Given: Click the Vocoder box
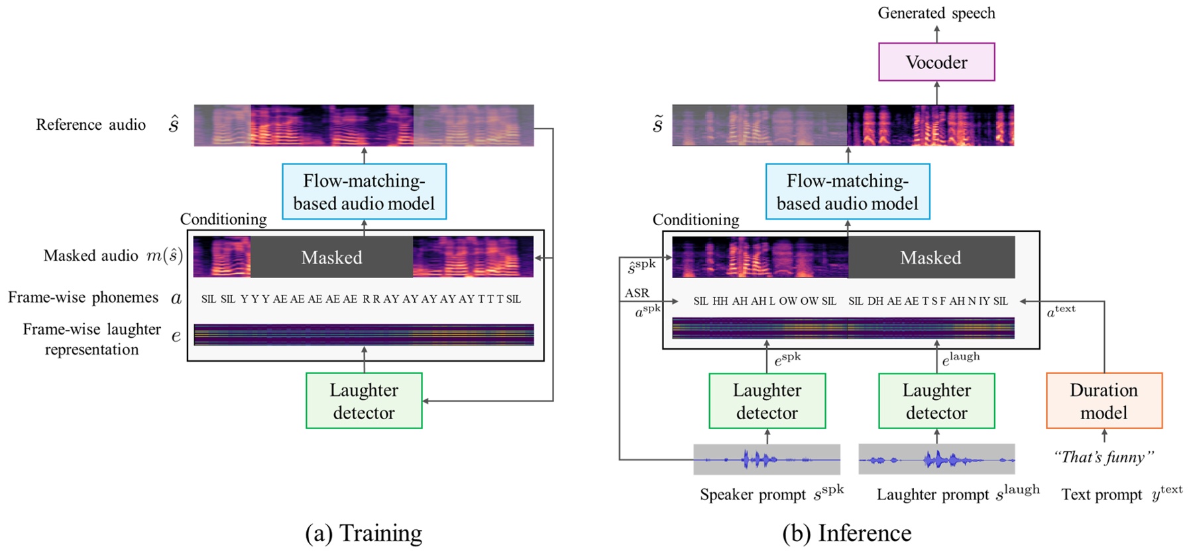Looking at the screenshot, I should tap(936, 62).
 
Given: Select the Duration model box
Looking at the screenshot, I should tap(1104, 401).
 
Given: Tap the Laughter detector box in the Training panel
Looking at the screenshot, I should tap(364, 401).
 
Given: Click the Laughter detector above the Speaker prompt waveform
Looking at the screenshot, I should tap(767, 401).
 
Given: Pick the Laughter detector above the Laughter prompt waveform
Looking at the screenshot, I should tap(936, 401).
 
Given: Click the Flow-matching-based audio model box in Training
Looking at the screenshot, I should tap(364, 191).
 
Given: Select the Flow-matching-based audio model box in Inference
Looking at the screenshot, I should tap(847, 191).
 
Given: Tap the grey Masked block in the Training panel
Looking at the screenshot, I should tap(331, 257).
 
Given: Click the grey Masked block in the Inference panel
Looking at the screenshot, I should tap(931, 257).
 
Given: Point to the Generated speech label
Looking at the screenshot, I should tap(936, 13).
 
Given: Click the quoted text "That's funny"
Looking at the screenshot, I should tap(1104, 457).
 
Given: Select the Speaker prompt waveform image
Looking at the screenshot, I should tap(767, 459).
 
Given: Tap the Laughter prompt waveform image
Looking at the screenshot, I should tap(936, 459).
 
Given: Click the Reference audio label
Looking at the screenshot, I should tap(91, 125).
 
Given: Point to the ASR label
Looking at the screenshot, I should tap(637, 293).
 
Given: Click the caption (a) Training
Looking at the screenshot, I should tap(363, 533).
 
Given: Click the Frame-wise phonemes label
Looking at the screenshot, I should tap(84, 297).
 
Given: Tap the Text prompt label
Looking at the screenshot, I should tap(1102, 495).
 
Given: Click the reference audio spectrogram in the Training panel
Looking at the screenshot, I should tap(363, 125).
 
